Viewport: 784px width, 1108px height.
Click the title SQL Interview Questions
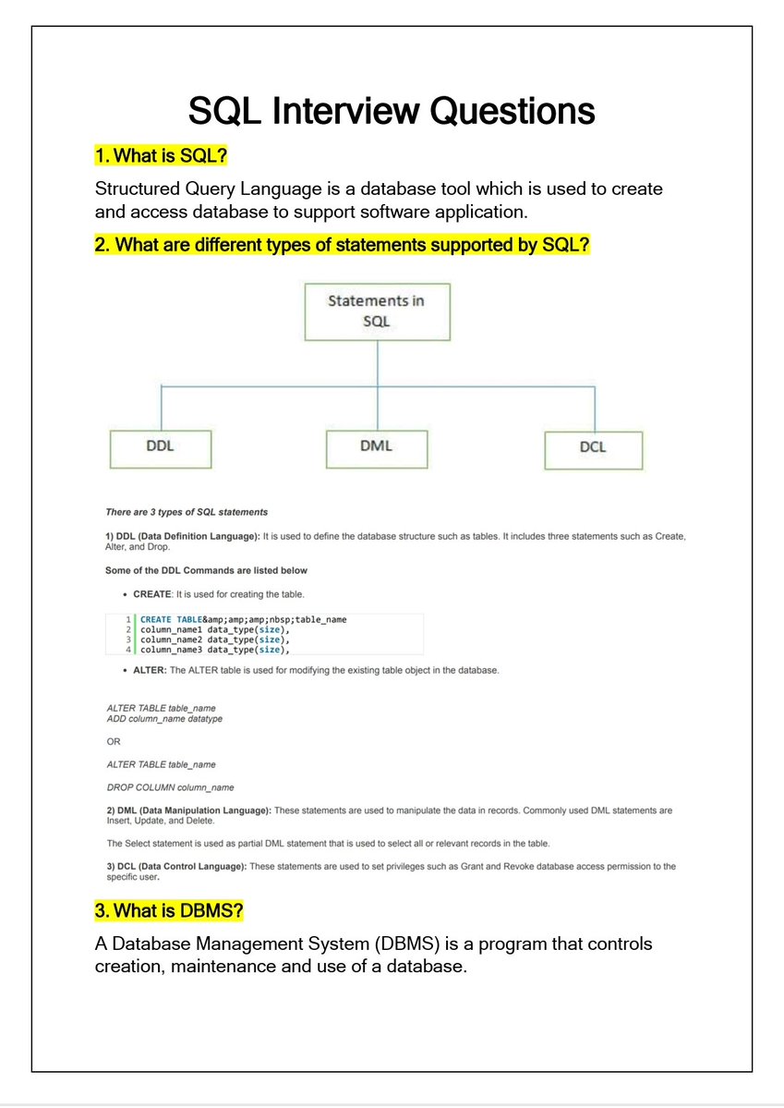click(392, 112)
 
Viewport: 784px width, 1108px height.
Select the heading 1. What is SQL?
click(162, 154)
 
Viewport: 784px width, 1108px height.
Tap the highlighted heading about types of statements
click(342, 246)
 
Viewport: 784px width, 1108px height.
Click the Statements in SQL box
click(377, 311)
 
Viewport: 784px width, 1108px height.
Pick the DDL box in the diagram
click(160, 446)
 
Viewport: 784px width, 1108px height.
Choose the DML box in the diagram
click(376, 446)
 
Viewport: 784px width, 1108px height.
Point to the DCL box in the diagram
click(593, 447)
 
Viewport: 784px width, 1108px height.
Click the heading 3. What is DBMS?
click(169, 911)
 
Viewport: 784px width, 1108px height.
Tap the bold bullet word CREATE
click(152, 594)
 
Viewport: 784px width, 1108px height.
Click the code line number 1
click(128, 619)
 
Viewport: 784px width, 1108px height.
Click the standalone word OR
click(114, 741)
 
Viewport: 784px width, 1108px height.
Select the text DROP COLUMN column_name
click(170, 787)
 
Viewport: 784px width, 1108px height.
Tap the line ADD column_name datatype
click(164, 718)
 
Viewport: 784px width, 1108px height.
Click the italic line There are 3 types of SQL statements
click(187, 512)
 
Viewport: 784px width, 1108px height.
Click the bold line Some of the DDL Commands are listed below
click(207, 571)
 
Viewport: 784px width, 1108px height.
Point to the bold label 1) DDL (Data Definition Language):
click(183, 536)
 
